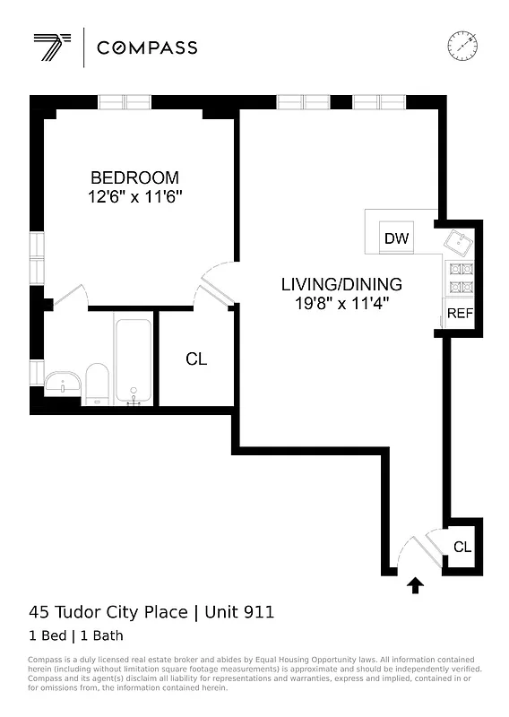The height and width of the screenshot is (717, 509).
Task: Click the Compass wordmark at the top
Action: [147, 48]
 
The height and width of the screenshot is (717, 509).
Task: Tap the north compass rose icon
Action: [462, 44]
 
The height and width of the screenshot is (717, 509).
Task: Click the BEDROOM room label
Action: [134, 177]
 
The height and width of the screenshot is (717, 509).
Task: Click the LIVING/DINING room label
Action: [341, 284]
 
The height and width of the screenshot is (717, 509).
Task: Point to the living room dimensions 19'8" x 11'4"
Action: [341, 304]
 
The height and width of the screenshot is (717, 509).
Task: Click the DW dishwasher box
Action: [396, 238]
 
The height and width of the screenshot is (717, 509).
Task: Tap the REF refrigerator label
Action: [459, 314]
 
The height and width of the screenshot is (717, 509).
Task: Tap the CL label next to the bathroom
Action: [196, 359]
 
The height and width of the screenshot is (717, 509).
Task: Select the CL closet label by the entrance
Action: [462, 547]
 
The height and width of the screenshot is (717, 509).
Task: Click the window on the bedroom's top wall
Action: [125, 102]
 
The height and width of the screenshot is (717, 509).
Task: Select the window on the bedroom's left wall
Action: [37, 257]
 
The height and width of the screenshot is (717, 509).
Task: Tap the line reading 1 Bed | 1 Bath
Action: [77, 635]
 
